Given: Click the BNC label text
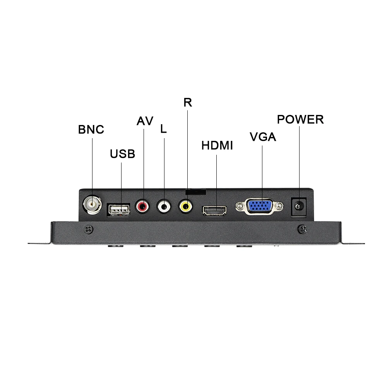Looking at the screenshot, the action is tap(91, 129).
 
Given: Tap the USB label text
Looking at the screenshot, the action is tap(122, 154).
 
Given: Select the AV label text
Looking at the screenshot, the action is tap(145, 121).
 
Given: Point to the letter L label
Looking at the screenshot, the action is tap(163, 129).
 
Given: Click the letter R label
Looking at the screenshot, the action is tap(188, 103).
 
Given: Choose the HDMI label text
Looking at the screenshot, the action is tap(217, 146).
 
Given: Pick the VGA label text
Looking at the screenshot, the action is tap(263, 137).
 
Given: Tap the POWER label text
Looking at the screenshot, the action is tap(300, 120).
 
